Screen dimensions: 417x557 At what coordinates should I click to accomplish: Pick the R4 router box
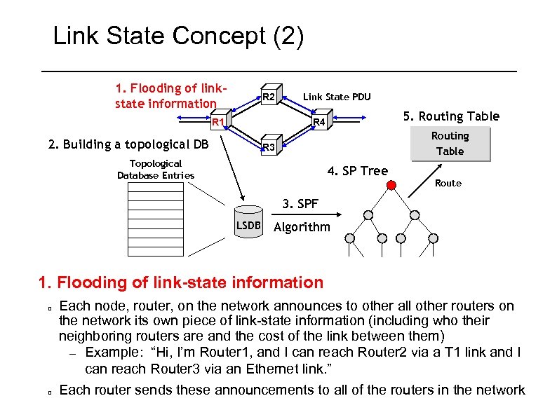[319, 123]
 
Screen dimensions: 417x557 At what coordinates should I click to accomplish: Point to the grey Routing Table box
[450, 144]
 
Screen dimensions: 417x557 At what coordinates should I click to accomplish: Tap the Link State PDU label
[336, 97]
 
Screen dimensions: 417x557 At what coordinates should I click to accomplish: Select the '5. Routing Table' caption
[450, 116]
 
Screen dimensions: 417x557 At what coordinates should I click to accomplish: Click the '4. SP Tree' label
[358, 170]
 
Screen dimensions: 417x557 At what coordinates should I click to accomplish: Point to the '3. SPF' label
[300, 204]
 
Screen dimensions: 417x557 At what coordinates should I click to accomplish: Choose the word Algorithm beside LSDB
[302, 226]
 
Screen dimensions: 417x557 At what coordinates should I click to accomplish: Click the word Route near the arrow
[448, 183]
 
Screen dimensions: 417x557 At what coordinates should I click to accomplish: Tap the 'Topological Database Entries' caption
[156, 169]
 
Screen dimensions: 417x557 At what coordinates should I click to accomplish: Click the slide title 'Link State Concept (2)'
[179, 36]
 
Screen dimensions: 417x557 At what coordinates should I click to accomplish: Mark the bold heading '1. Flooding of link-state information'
[181, 282]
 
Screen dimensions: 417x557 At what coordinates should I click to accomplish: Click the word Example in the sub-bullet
[114, 353]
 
